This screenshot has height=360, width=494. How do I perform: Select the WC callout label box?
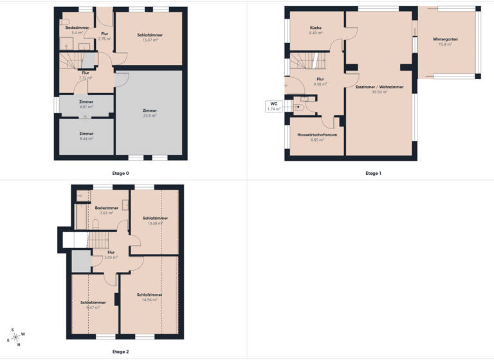click(274, 106)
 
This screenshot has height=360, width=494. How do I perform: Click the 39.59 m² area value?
click(379, 92)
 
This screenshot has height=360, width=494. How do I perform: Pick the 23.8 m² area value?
click(149, 116)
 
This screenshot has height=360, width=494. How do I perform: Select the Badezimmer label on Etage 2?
click(106, 208)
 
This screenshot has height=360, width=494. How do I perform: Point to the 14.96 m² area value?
click(149, 300)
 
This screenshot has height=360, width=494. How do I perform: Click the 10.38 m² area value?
click(155, 224)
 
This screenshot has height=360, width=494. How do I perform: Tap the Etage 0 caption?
click(120, 173)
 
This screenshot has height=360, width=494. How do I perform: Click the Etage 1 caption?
click(373, 173)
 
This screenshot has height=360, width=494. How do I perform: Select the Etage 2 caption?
click(120, 352)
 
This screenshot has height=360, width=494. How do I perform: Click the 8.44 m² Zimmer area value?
click(86, 139)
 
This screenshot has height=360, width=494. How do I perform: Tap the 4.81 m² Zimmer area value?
click(86, 107)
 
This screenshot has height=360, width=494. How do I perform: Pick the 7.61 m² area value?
click(106, 213)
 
